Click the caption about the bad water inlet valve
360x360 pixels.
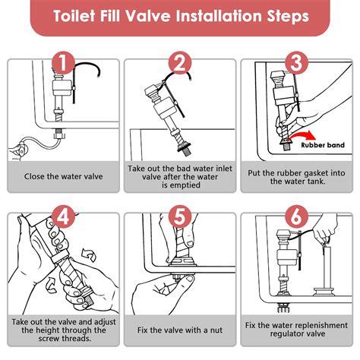coord(179,177)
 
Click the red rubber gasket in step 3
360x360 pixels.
coord(286,140)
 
